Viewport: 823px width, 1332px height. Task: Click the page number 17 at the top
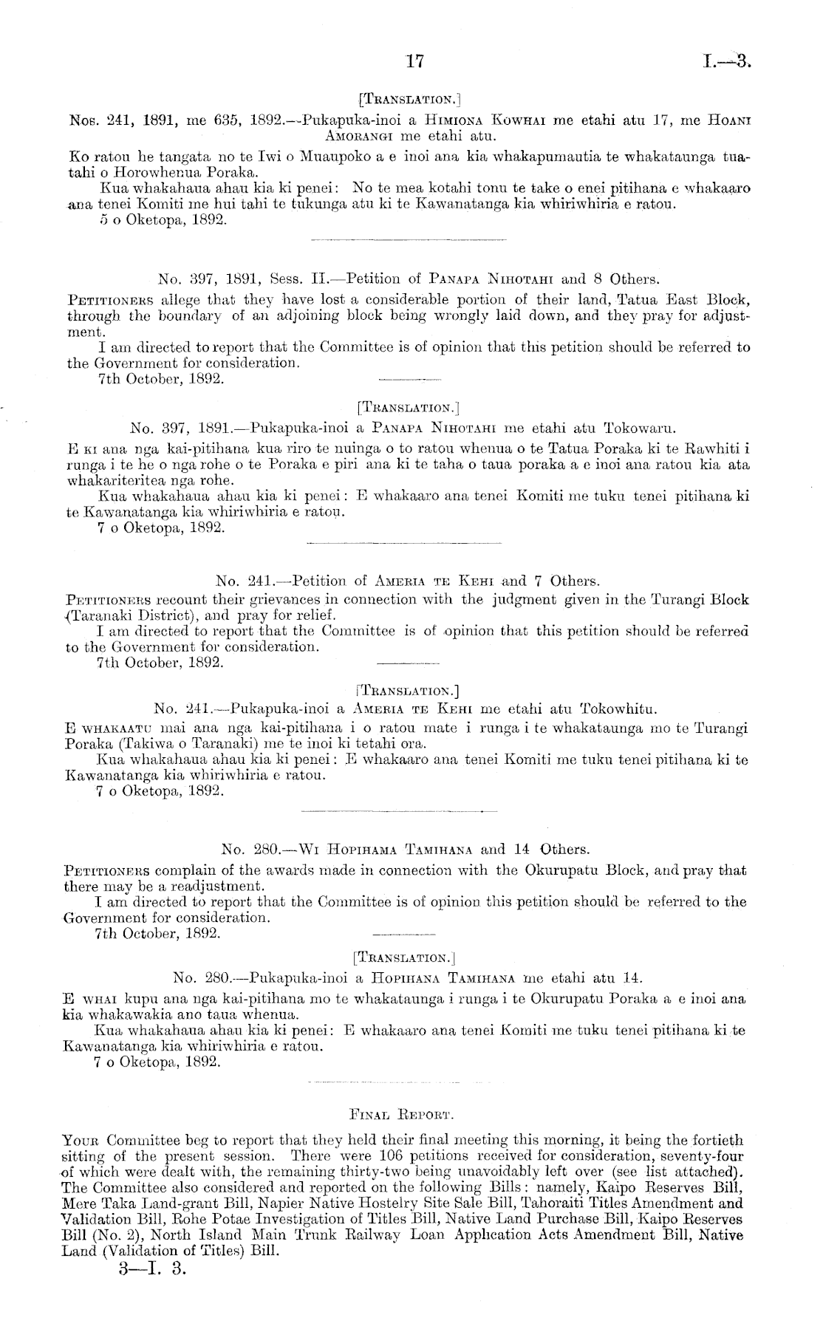coord(413,61)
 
